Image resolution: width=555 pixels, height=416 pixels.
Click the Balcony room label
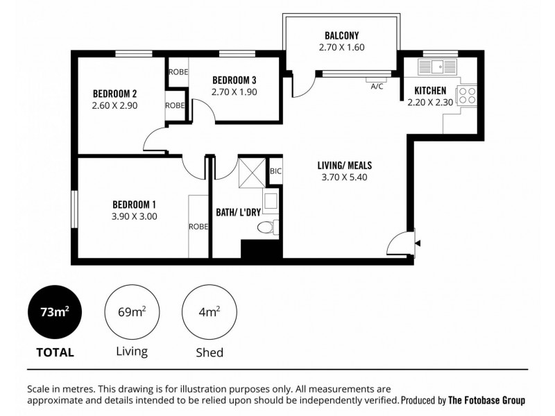[x=341, y=35]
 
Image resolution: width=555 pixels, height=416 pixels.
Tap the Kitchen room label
[x=429, y=90]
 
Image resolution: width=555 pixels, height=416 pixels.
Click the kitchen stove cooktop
[x=468, y=95]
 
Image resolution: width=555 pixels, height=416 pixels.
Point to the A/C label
[x=377, y=87]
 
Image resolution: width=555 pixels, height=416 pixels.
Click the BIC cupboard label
[x=275, y=170]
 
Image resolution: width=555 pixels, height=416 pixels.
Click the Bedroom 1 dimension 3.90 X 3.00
[x=134, y=216]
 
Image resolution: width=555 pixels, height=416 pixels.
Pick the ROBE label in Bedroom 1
[x=198, y=226]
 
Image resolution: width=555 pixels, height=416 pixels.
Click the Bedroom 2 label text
[x=114, y=94]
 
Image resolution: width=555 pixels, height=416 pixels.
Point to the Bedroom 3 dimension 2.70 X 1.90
[x=234, y=91]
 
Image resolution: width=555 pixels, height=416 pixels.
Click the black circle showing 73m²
[x=55, y=312]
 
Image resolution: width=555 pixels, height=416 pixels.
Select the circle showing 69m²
[x=131, y=312]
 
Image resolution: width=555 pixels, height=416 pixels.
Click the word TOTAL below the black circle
[x=55, y=352]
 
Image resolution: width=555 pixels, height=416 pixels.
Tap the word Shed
[x=209, y=352]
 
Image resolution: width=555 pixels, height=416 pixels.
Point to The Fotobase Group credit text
[x=486, y=400]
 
